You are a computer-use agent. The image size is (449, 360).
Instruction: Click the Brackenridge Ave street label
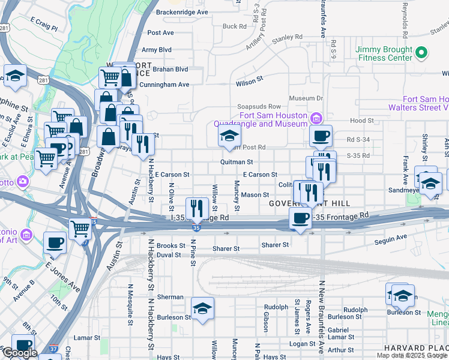pyautogui.click(x=181, y=12)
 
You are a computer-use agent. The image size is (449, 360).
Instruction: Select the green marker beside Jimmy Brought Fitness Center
pyautogui.click(x=421, y=54)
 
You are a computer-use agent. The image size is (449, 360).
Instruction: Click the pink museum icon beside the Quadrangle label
pyautogui.click(x=316, y=116)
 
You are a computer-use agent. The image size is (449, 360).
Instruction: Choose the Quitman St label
pyautogui.click(x=236, y=162)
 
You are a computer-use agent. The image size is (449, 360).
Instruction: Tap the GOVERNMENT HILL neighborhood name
pyautogui.click(x=297, y=203)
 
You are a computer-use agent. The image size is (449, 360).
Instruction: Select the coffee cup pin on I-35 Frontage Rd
pyautogui.click(x=300, y=218)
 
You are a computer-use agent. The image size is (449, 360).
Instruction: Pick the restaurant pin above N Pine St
pyautogui.click(x=196, y=208)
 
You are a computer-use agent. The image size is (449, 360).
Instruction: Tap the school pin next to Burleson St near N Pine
pyautogui.click(x=203, y=308)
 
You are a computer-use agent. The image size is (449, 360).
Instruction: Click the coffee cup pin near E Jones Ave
pyautogui.click(x=55, y=242)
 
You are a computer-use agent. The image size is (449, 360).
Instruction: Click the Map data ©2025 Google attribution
pyautogui.click(x=412, y=355)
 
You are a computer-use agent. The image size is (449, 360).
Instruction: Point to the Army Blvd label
pyautogui.click(x=156, y=50)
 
